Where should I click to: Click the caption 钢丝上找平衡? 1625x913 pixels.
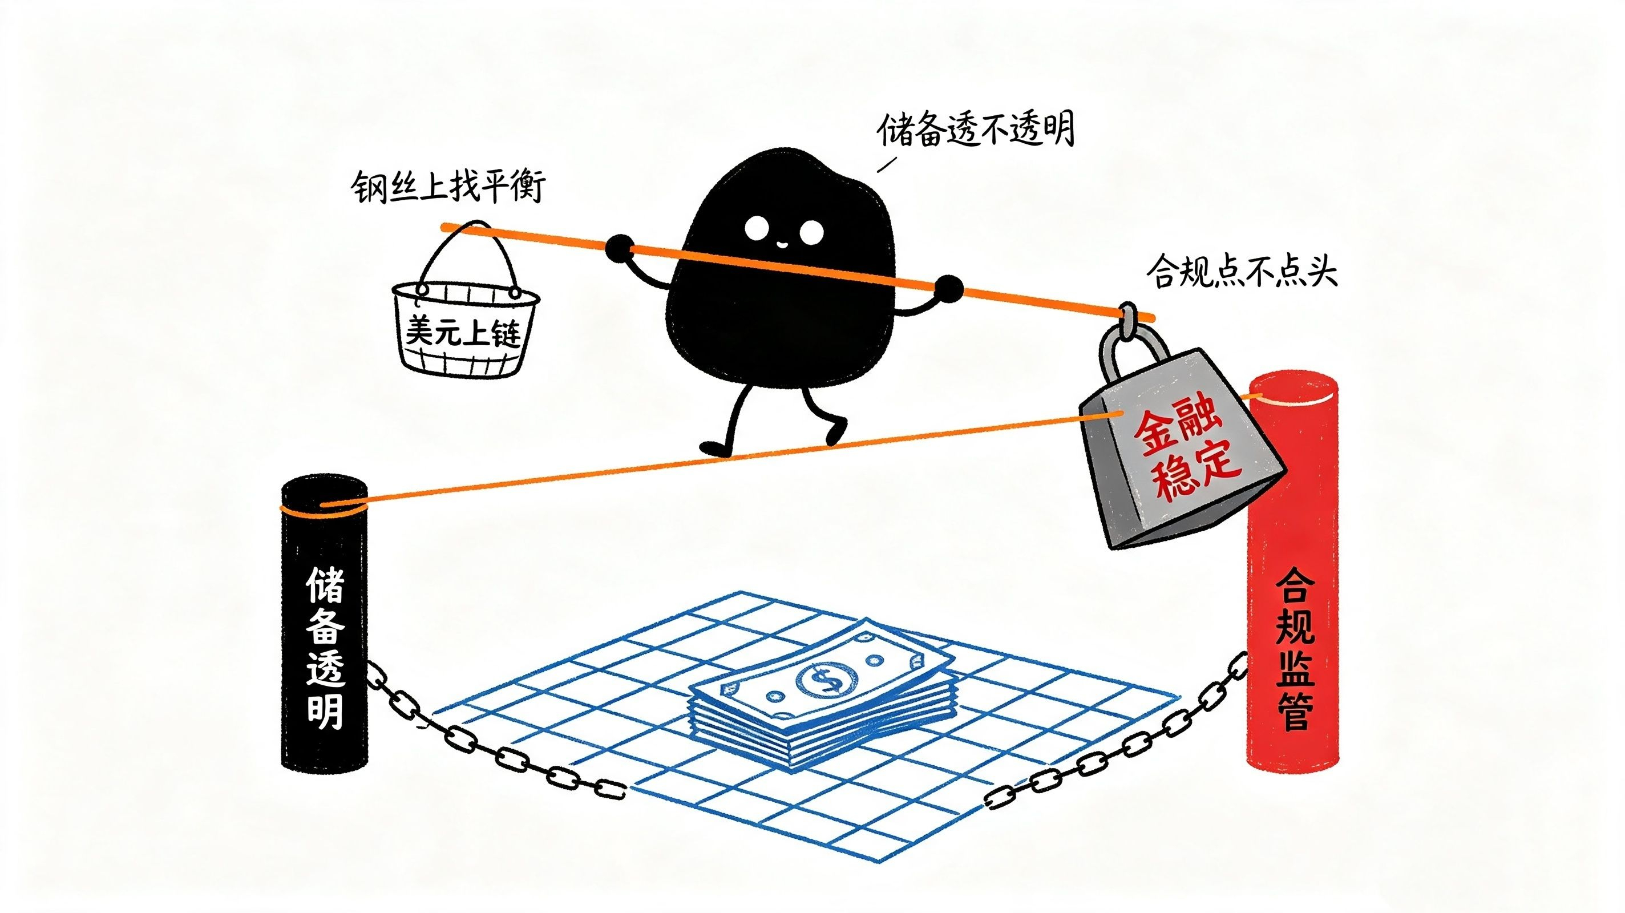point(448,187)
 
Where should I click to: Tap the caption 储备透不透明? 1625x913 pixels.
point(975,131)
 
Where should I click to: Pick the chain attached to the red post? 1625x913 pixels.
point(1117,738)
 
